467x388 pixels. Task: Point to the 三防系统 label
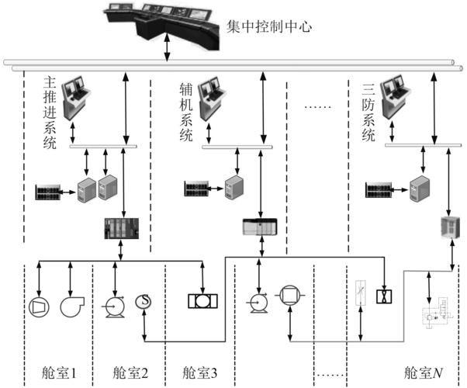[368, 113]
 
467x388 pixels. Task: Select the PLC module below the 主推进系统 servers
[120, 230]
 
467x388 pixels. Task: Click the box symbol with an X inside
[382, 295]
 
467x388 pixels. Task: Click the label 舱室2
[129, 373]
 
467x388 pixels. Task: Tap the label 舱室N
[424, 373]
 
